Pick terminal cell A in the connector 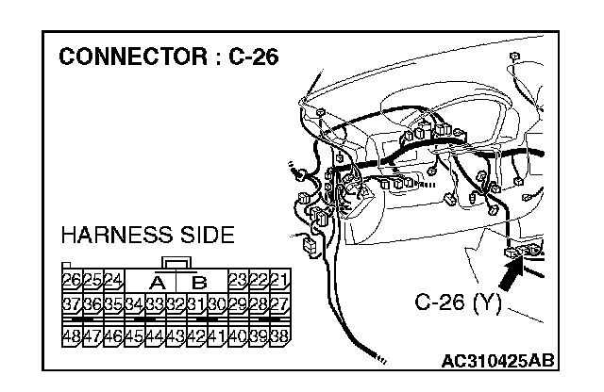(157, 281)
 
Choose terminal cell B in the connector (197, 281)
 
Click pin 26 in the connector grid (72, 280)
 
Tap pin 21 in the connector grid (278, 280)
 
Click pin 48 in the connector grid (72, 335)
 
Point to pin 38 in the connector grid (278, 335)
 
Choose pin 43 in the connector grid (176, 335)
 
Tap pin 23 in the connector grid (237, 280)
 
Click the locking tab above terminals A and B (176, 262)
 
